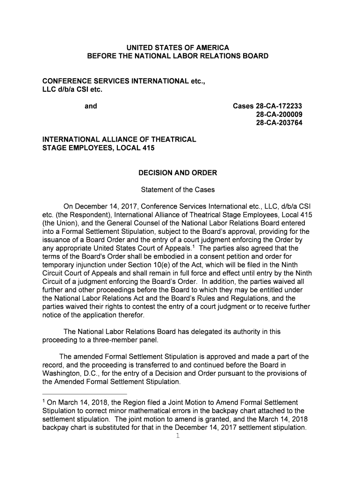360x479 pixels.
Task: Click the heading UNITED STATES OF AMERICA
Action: pos(178,48)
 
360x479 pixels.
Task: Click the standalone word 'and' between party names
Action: pos(91,106)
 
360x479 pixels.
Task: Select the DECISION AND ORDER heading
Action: pos(178,173)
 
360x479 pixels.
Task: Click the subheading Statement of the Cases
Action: pos(178,190)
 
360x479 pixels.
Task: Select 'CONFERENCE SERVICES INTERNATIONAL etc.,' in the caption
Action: pos(123,81)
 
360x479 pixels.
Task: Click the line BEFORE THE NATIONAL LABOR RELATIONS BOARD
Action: pos(178,56)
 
